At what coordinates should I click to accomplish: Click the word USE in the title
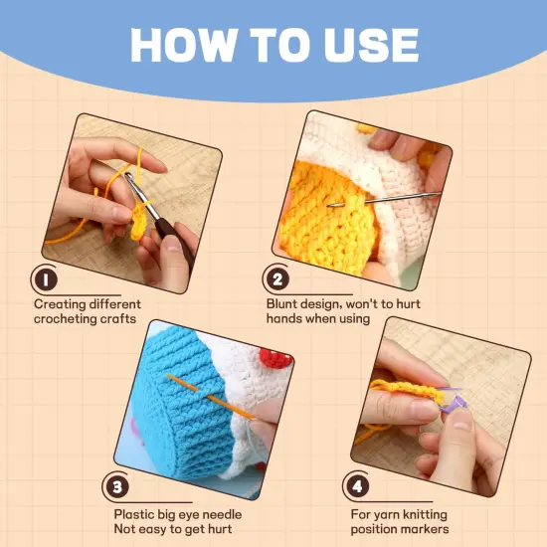pyautogui.click(x=371, y=46)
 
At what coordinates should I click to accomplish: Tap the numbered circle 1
pyautogui.click(x=46, y=279)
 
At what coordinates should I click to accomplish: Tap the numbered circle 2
pyautogui.click(x=277, y=279)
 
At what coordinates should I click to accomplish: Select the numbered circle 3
pyautogui.click(x=117, y=487)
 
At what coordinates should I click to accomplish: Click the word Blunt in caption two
pyautogui.click(x=281, y=304)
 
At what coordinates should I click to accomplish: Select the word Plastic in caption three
pyautogui.click(x=133, y=514)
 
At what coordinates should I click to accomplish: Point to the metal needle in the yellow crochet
pyautogui.click(x=384, y=199)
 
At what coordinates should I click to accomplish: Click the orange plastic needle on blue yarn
pyautogui.click(x=209, y=396)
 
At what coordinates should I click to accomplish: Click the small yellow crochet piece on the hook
pyautogui.click(x=138, y=223)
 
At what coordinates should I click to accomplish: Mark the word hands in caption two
pyautogui.click(x=284, y=318)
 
